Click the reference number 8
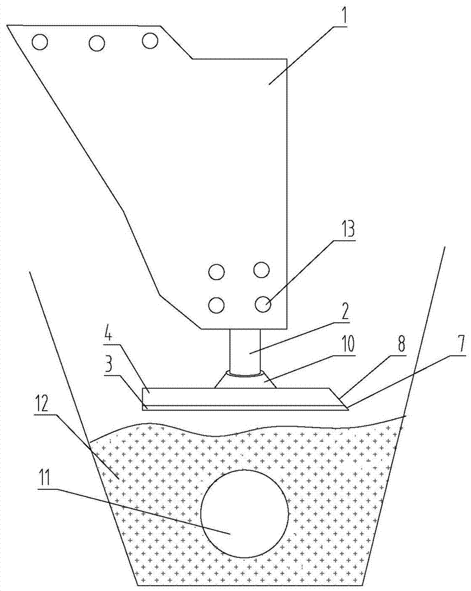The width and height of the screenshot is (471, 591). point(402,346)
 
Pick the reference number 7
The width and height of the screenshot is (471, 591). point(458,346)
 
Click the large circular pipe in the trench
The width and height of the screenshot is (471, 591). point(244,513)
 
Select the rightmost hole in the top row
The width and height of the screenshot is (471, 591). point(150,41)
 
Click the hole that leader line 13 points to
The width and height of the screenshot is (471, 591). point(262,304)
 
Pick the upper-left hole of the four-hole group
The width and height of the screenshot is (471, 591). point(217,272)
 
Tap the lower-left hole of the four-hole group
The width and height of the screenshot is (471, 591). point(217,305)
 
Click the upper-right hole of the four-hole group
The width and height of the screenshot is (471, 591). point(262,271)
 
